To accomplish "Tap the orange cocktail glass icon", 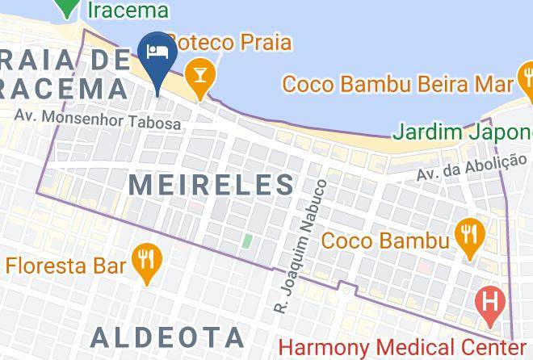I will [196, 75].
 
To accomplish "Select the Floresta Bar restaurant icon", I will [145, 260].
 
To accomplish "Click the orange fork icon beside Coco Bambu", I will [468, 235].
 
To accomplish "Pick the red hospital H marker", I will [489, 303].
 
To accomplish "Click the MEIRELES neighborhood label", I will [212, 184].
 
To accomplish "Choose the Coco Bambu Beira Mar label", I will [397, 83].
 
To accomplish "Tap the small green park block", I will [247, 241].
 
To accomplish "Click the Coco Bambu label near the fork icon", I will [385, 240].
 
